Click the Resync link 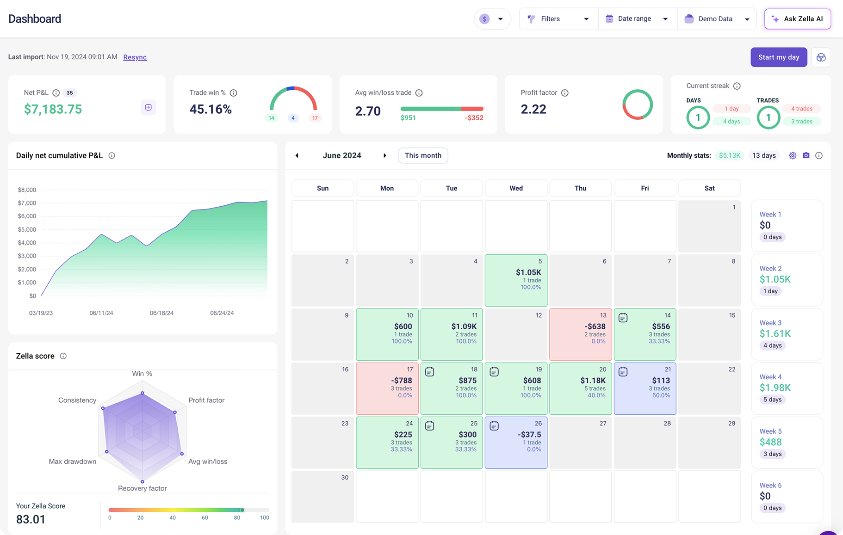pyautogui.click(x=135, y=57)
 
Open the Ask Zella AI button pyautogui.click(x=797, y=19)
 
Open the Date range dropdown pyautogui.click(x=638, y=19)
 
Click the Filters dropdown pyautogui.click(x=558, y=19)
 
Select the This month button pyautogui.click(x=423, y=155)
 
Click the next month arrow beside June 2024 pyautogui.click(x=384, y=156)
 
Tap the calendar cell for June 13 pyautogui.click(x=580, y=334)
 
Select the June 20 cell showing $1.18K pyautogui.click(x=580, y=388)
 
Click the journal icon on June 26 pyautogui.click(x=494, y=426)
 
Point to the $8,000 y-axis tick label pyautogui.click(x=27, y=190)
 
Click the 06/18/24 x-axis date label pyautogui.click(x=161, y=313)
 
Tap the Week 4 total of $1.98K pyautogui.click(x=775, y=387)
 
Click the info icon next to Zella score pyautogui.click(x=63, y=356)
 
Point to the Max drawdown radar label pyautogui.click(x=73, y=461)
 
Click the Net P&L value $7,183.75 pyautogui.click(x=53, y=110)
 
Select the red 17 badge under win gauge pyautogui.click(x=315, y=118)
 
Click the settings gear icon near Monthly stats pyautogui.click(x=793, y=156)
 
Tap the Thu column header pyautogui.click(x=580, y=188)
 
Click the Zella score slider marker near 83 pyautogui.click(x=242, y=510)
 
